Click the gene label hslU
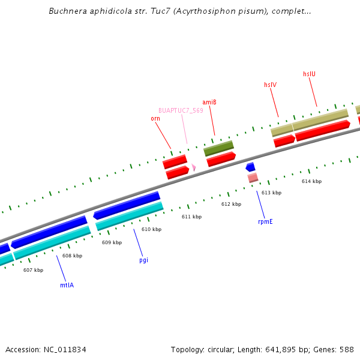(x=309, y=74)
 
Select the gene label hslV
(x=270, y=85)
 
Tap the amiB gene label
(x=209, y=102)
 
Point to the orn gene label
(x=155, y=118)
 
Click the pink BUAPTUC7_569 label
(x=181, y=110)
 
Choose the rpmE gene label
(x=265, y=221)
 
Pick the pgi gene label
(x=143, y=260)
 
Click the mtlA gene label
(x=67, y=285)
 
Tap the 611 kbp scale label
(x=191, y=217)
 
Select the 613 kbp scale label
(x=271, y=193)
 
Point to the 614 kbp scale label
(x=311, y=181)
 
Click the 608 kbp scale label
(x=72, y=256)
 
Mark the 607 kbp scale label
(x=33, y=270)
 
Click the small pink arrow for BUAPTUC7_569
(x=194, y=168)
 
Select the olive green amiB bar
(x=218, y=147)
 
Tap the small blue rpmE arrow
(x=251, y=167)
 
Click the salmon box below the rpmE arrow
(x=253, y=178)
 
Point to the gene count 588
(x=346, y=349)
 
